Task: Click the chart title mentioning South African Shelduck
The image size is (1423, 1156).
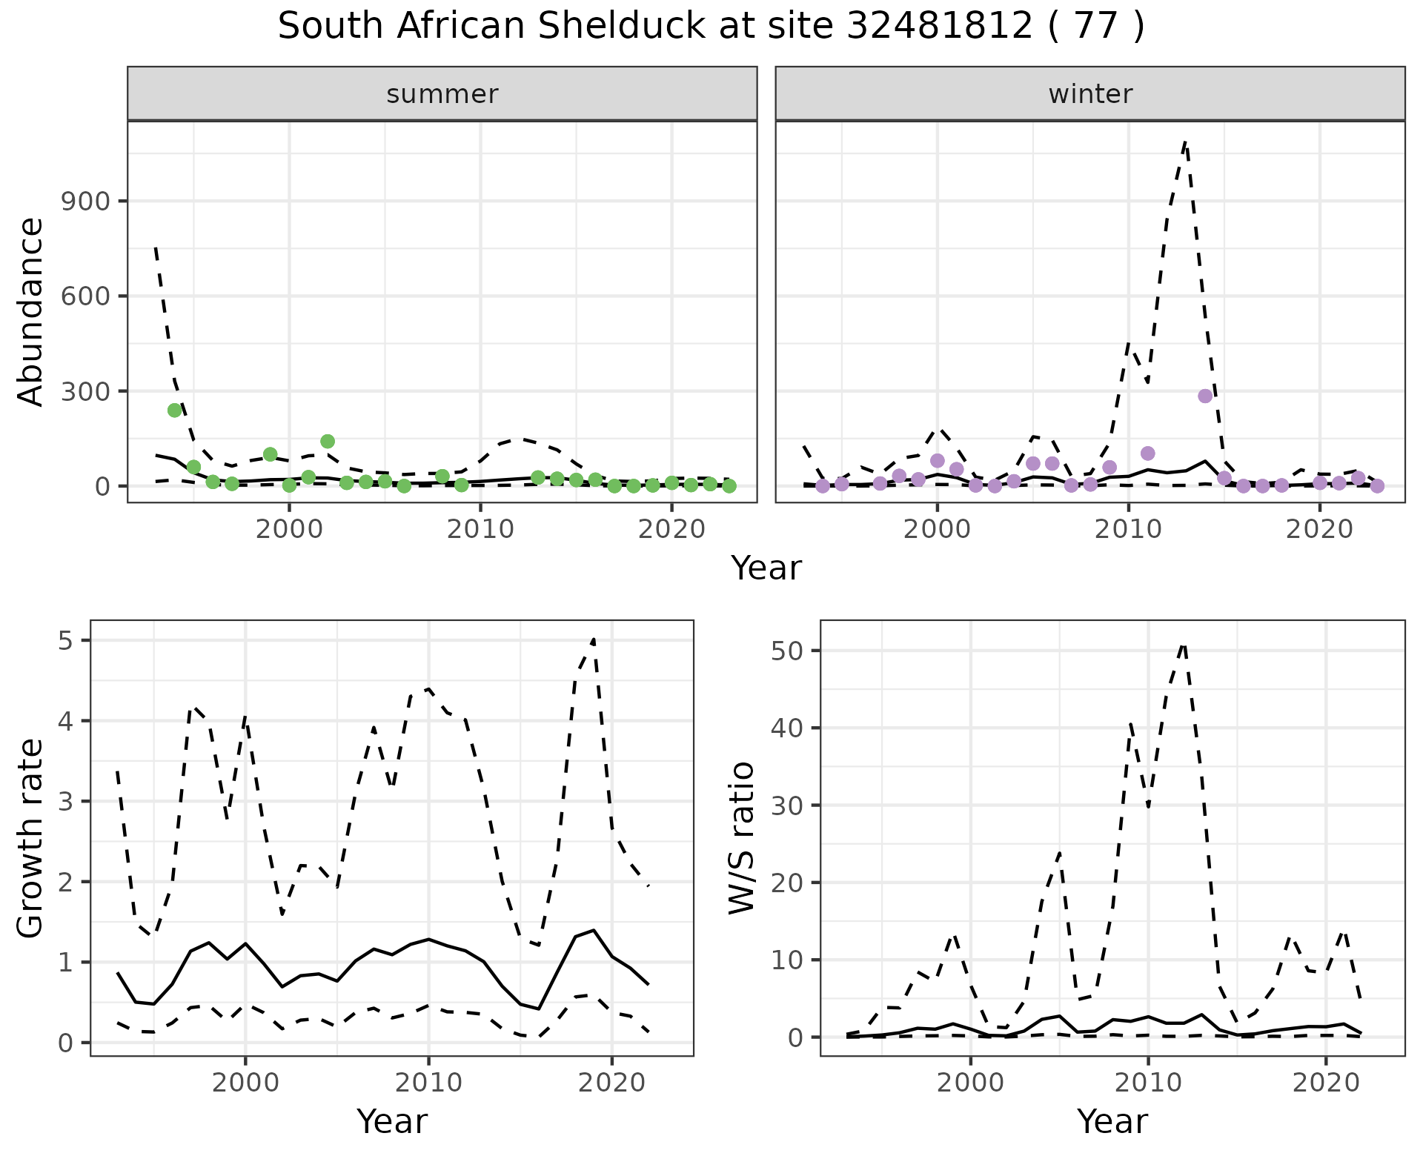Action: pos(711,27)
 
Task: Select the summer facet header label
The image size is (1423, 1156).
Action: pos(442,94)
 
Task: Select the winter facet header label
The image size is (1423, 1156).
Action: pos(1090,94)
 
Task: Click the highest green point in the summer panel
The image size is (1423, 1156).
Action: pos(175,410)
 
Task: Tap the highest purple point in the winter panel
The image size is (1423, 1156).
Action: pos(1205,396)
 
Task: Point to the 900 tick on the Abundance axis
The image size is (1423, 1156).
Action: pos(84,202)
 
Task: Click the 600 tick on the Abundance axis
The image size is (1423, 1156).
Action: pos(84,296)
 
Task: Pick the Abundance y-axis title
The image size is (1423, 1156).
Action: pos(31,311)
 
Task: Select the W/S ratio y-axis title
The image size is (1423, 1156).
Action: pos(741,838)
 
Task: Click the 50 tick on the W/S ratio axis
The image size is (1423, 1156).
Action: pos(788,651)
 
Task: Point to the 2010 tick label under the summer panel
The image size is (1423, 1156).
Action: pos(480,530)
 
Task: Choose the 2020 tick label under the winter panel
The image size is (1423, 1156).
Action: pos(1319,530)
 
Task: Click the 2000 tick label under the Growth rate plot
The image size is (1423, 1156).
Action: pos(245,1083)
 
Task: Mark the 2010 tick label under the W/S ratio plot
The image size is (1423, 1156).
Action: pos(1148,1083)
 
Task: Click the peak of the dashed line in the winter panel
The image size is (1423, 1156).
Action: pos(1186,141)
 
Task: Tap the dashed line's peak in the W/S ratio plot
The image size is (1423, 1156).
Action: pos(1184,644)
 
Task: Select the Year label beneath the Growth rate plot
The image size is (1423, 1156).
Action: pos(392,1121)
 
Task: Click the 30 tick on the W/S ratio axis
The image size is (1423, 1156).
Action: pos(788,805)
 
